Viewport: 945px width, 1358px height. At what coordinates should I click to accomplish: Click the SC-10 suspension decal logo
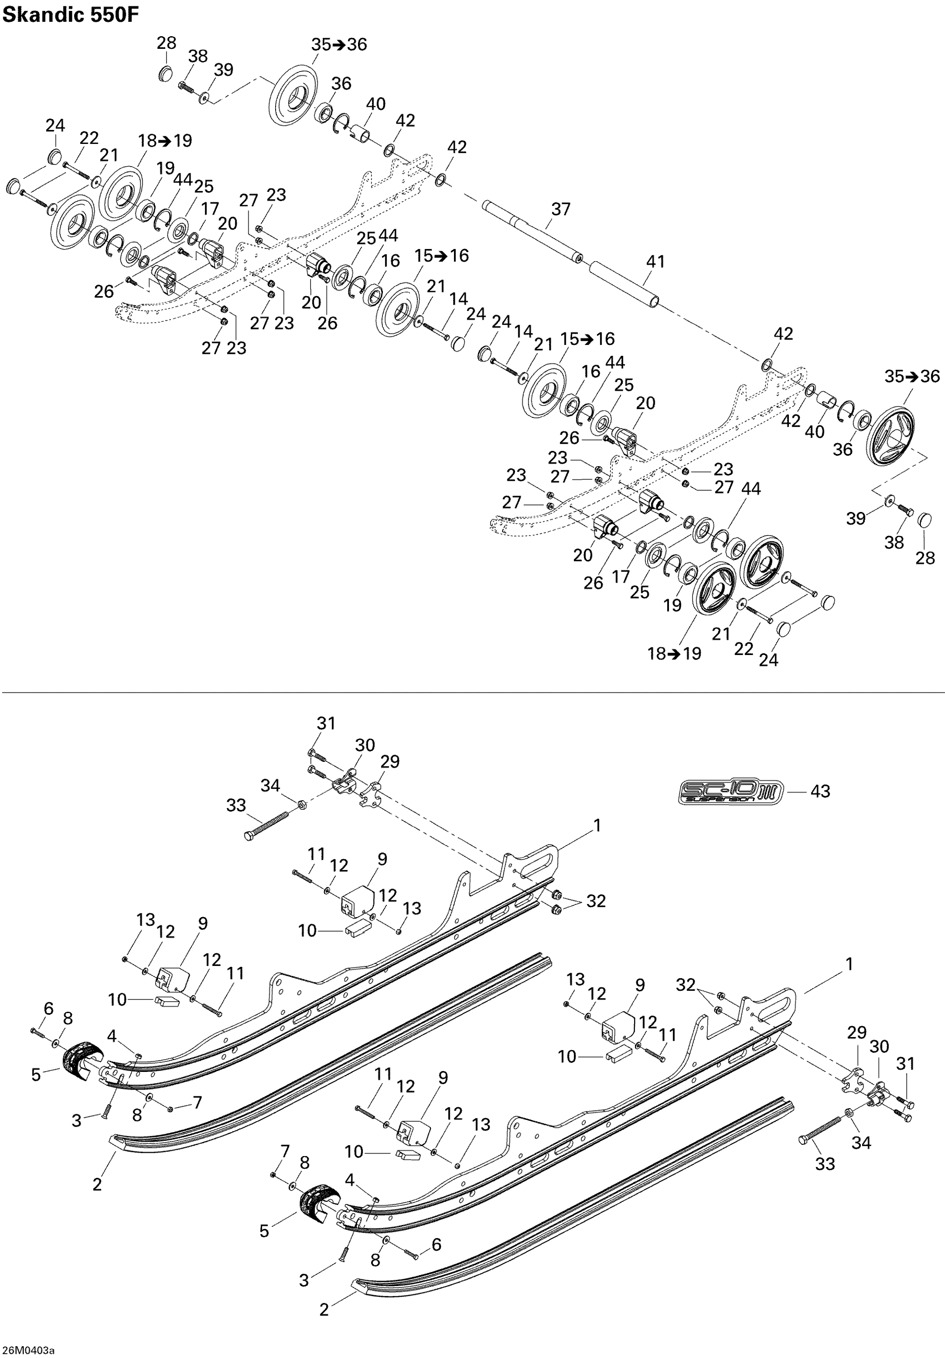pyautogui.click(x=731, y=791)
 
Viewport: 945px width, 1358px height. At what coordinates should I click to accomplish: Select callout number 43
pyautogui.click(x=820, y=791)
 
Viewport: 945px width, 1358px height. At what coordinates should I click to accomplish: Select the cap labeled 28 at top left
pyautogui.click(x=166, y=75)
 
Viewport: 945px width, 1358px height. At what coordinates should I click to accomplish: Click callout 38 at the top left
pyautogui.click(x=198, y=56)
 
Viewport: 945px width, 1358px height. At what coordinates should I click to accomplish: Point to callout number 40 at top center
pyautogui.click(x=376, y=104)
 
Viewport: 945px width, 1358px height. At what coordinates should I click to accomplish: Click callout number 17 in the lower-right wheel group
pyautogui.click(x=620, y=576)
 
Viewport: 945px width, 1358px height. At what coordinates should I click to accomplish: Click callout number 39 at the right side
pyautogui.click(x=856, y=518)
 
